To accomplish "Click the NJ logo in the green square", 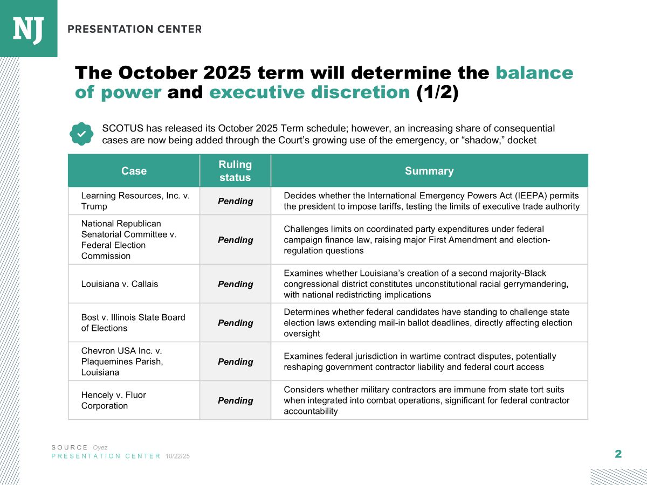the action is pyautogui.click(x=28, y=30).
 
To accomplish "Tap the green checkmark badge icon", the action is pyautogui.click(x=81, y=134).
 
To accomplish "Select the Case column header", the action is pyautogui.click(x=134, y=171).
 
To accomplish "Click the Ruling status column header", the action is pyautogui.click(x=235, y=171).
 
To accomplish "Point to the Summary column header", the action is pyautogui.click(x=429, y=171).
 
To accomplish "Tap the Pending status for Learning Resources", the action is pyautogui.click(x=235, y=201).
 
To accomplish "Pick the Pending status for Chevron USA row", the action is pyautogui.click(x=235, y=362).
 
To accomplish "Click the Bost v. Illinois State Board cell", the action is pyautogui.click(x=133, y=323).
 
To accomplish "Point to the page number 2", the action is pyautogui.click(x=618, y=454).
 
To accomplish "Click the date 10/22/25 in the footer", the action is pyautogui.click(x=177, y=456).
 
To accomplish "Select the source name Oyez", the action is pyautogui.click(x=100, y=448).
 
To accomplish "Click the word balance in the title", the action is pyautogui.click(x=534, y=73).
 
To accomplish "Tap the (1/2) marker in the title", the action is pyautogui.click(x=437, y=93).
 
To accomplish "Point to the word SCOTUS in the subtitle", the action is pyautogui.click(x=122, y=128).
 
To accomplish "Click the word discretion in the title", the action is pyautogui.click(x=360, y=92).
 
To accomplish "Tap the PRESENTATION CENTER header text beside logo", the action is pyautogui.click(x=135, y=29).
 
